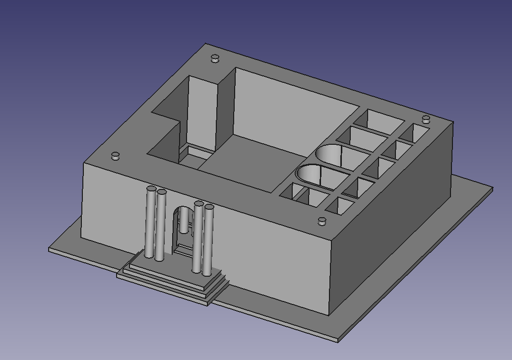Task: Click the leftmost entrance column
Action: (x=150, y=223)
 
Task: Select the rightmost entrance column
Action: (x=208, y=240)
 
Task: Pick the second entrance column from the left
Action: (x=160, y=226)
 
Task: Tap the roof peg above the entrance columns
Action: (x=116, y=156)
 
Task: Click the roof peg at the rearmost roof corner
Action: (x=215, y=59)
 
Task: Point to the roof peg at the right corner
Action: (x=426, y=119)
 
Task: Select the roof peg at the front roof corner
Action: (x=322, y=221)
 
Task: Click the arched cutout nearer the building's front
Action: (x=317, y=175)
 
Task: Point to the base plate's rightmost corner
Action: (x=492, y=188)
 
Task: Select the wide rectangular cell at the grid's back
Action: (x=384, y=120)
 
